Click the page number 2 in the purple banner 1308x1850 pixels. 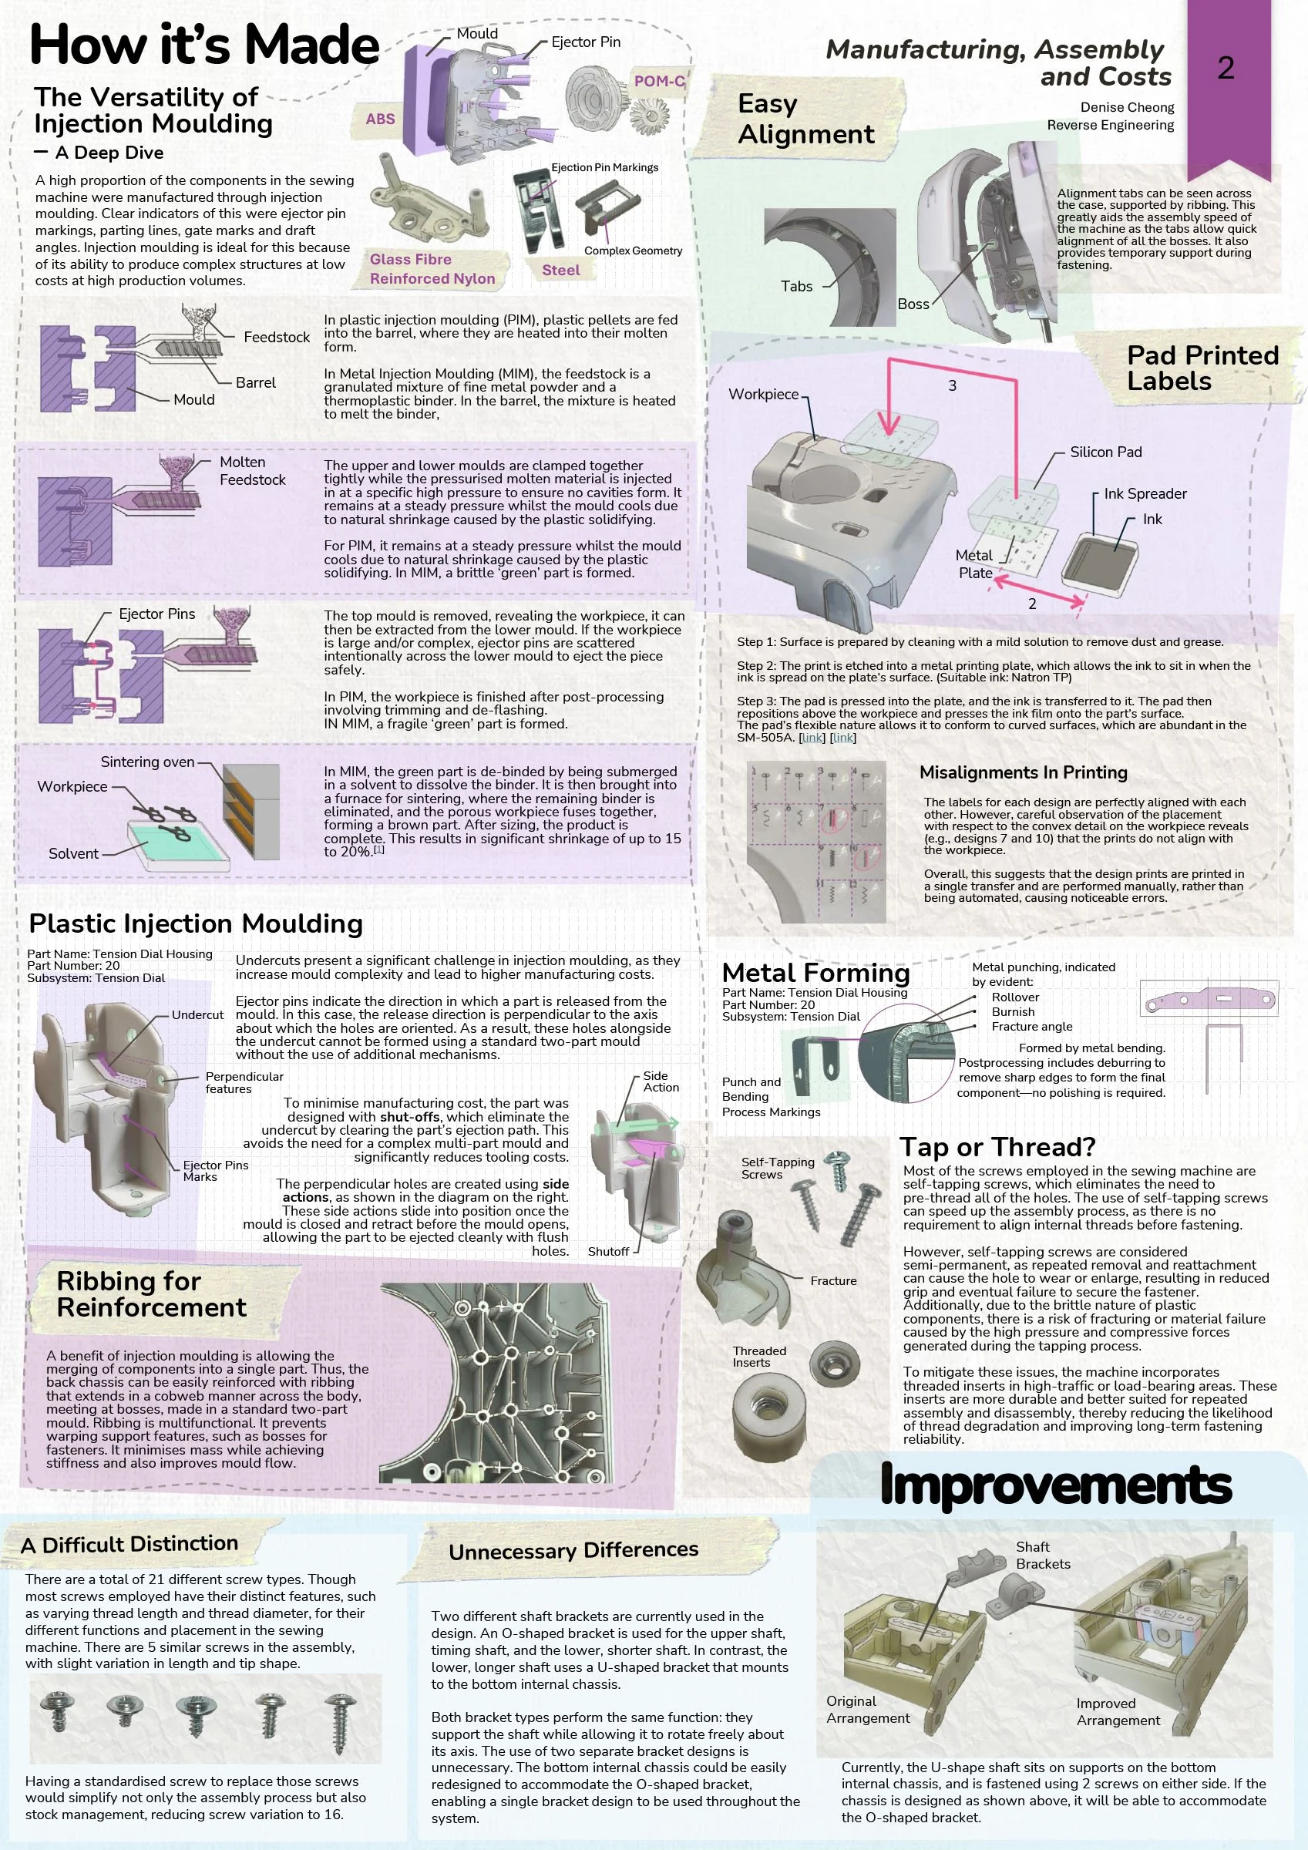1225,68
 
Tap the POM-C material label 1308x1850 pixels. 659,82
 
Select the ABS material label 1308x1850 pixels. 381,119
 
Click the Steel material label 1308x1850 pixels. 560,270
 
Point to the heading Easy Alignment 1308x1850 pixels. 806,119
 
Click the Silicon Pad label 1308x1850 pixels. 1106,452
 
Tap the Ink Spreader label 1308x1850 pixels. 1145,493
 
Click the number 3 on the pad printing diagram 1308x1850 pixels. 952,385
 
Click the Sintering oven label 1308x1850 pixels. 147,762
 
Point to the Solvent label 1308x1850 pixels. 73,853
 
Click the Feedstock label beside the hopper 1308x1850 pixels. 277,337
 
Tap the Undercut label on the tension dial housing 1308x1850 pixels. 197,1014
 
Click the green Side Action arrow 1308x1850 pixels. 649,1123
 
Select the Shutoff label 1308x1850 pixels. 607,1251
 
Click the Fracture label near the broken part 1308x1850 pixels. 833,1280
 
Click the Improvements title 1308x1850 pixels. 1056,1484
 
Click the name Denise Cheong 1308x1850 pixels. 1127,107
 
